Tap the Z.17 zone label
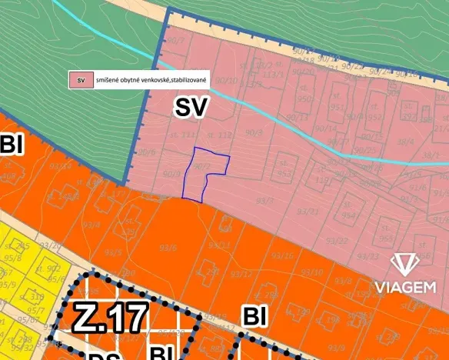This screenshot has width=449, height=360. tap(111, 317)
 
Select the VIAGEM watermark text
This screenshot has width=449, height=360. tap(405, 287)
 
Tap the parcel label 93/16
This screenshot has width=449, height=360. tap(283, 255)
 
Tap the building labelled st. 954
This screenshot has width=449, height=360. tap(348, 215)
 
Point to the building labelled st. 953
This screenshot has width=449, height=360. tap(284, 172)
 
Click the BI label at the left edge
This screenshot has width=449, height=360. tap(12, 143)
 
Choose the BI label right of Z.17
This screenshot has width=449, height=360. tap(255, 315)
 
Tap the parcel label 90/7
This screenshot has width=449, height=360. tap(176, 38)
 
